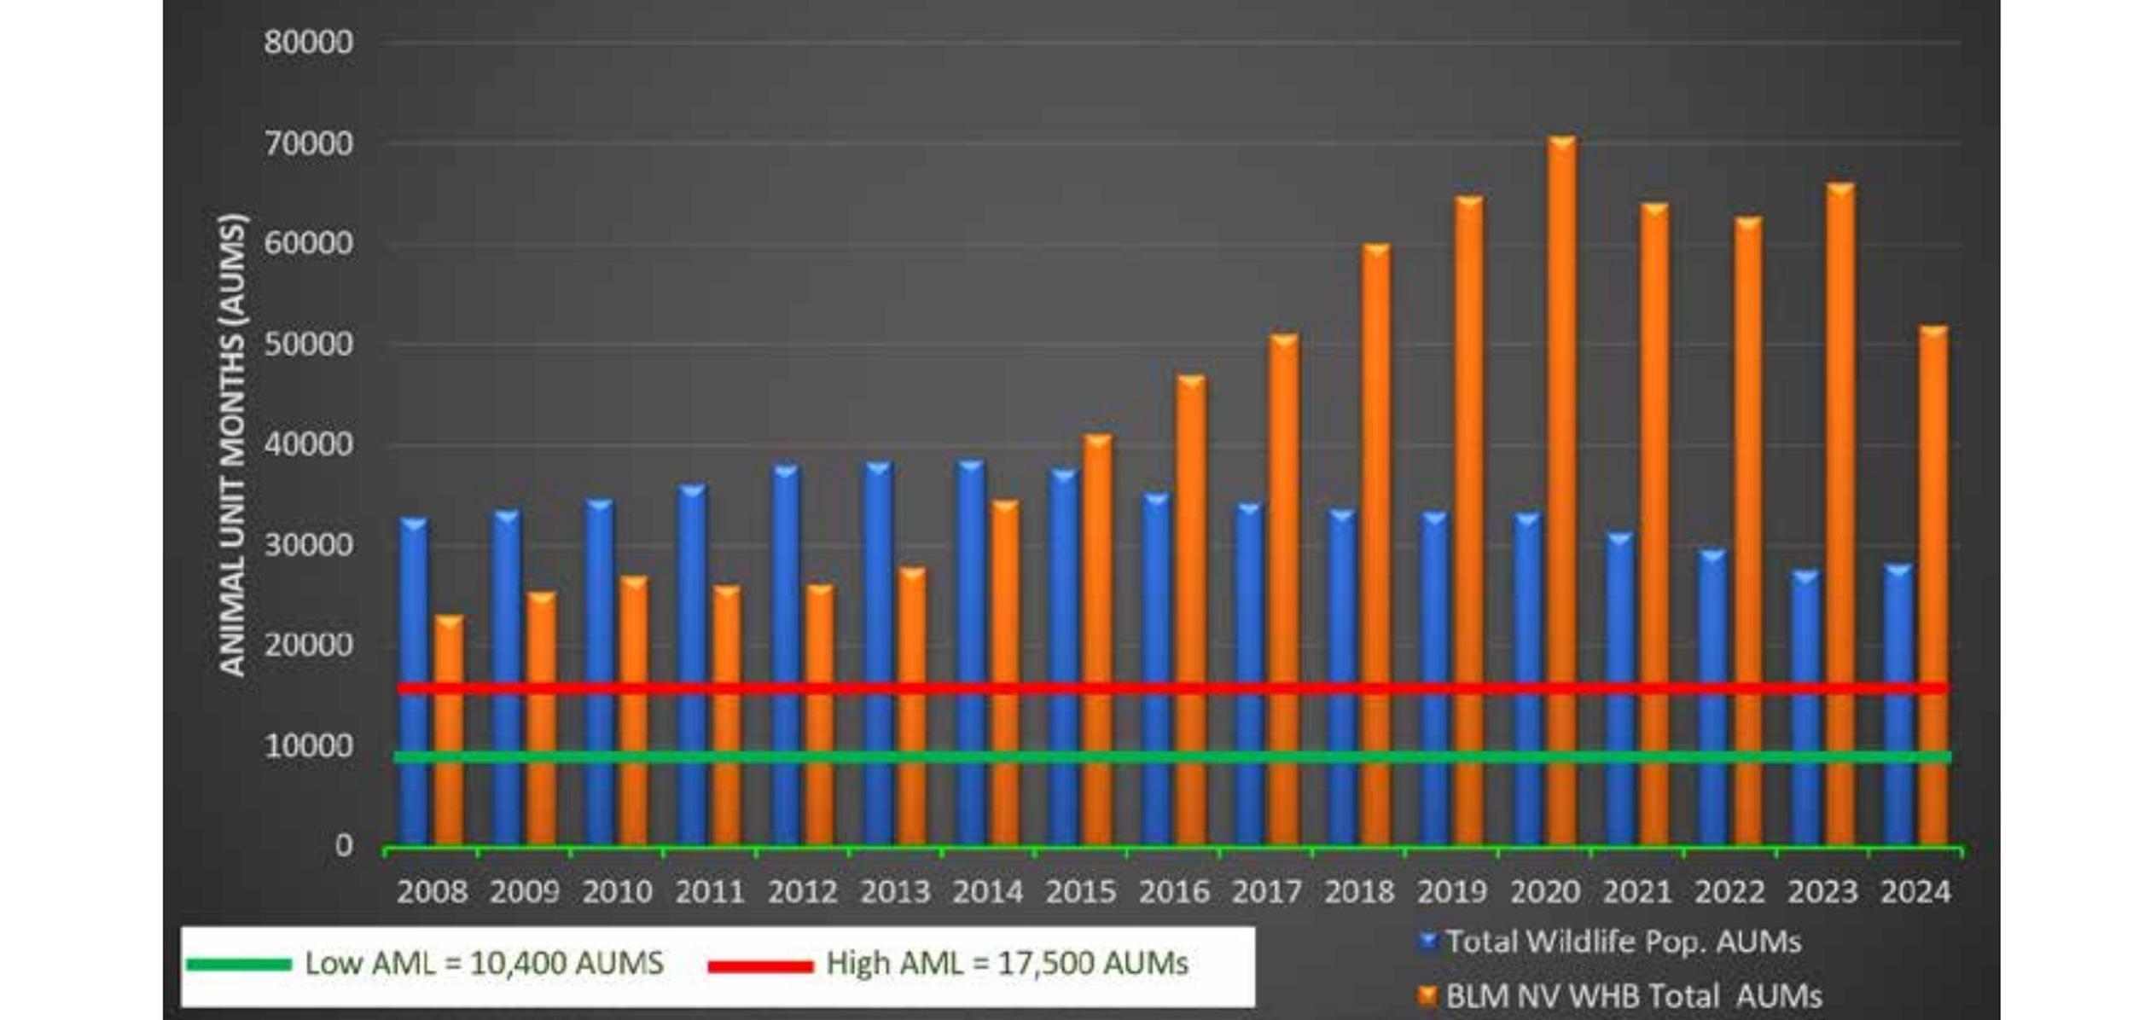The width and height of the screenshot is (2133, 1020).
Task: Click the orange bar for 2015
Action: [1098, 640]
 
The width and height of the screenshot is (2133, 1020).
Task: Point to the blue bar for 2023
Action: [1805, 707]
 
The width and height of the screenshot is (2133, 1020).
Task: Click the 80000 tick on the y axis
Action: [308, 43]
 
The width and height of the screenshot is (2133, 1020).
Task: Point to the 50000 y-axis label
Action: [308, 345]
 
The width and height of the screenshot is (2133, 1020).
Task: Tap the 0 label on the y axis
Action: [343, 846]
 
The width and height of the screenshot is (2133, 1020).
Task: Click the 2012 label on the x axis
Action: [802, 892]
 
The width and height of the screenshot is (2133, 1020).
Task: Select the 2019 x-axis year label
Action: [1452, 892]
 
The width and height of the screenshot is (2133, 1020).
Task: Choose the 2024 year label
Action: [1915, 892]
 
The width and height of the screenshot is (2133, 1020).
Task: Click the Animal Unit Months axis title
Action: [232, 444]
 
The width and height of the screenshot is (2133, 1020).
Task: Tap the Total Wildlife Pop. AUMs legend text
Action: [1623, 942]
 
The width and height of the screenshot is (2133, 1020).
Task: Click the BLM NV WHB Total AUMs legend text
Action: [1633, 996]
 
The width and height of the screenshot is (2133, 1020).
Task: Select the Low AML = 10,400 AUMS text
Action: [484, 964]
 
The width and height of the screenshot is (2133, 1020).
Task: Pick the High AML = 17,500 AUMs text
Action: [1007, 964]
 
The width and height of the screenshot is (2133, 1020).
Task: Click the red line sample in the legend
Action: [760, 966]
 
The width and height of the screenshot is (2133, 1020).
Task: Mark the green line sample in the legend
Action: [239, 965]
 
